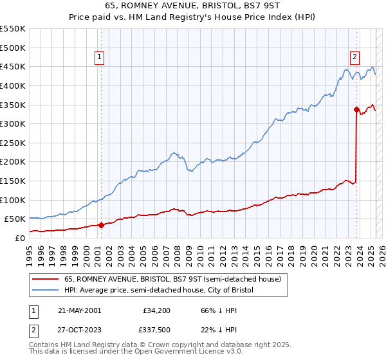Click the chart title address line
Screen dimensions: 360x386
[x=194, y=6]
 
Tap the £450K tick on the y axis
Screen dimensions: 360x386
[x=13, y=66]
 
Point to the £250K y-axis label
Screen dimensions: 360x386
[x=13, y=143]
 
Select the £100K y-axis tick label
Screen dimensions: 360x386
[x=13, y=200]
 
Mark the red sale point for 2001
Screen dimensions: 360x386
[x=101, y=225]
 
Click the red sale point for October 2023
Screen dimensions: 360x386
[x=356, y=109]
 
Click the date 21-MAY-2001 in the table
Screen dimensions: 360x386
[x=79, y=310]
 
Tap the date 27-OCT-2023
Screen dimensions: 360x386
[x=79, y=332]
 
